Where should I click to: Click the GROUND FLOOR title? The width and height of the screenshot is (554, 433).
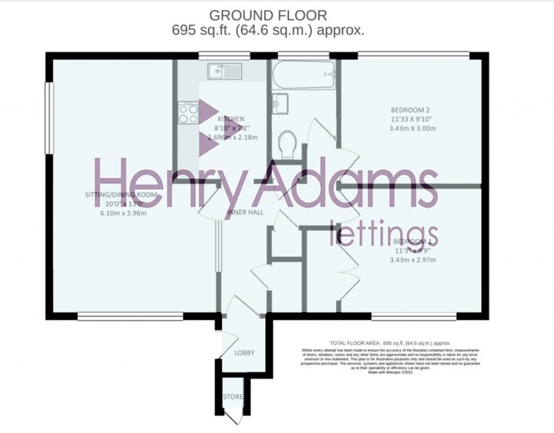tap(268, 15)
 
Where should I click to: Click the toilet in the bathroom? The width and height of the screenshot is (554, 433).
tap(287, 145)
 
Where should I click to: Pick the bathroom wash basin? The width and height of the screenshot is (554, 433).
tap(280, 101)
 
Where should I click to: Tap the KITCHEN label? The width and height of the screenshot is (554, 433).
tap(231, 119)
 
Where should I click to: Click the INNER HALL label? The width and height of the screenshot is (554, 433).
tap(245, 212)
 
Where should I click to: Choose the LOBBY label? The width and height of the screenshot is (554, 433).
tap(244, 353)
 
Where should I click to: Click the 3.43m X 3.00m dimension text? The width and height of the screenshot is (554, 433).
tap(413, 128)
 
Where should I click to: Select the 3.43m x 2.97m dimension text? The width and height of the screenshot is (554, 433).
tap(413, 260)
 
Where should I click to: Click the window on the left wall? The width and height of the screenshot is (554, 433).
tap(49, 118)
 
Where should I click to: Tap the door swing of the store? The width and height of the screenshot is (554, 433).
tap(233, 417)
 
